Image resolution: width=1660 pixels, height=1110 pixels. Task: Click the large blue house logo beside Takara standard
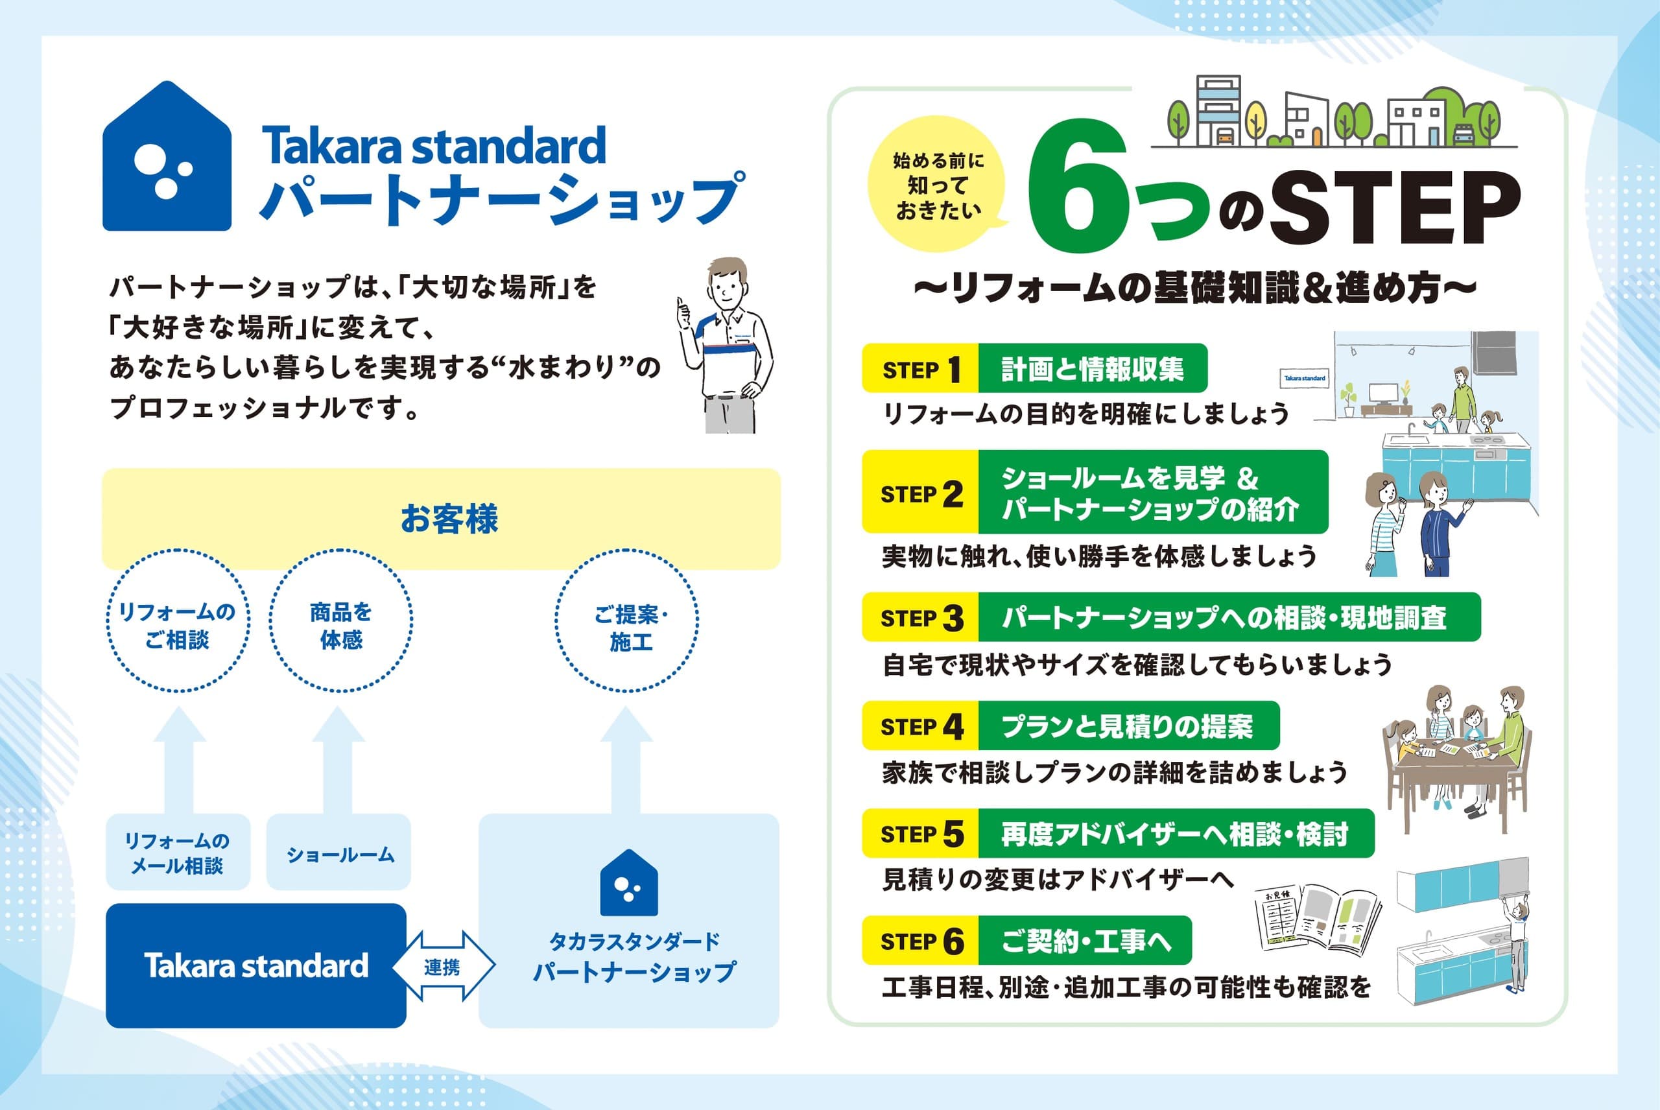click(167, 156)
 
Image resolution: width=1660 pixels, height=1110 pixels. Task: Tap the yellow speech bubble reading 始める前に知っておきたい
click(937, 185)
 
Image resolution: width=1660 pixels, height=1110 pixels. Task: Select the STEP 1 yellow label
click(920, 368)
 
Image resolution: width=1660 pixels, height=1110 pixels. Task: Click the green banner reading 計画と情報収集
click(1092, 368)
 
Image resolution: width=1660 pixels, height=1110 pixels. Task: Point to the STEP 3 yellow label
click(920, 617)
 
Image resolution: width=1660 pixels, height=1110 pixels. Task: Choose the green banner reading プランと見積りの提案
click(1128, 726)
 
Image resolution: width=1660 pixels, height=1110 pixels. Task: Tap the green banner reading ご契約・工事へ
click(1084, 941)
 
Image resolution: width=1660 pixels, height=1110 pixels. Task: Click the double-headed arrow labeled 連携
click(443, 966)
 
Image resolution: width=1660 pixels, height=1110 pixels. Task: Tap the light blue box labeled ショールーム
click(338, 851)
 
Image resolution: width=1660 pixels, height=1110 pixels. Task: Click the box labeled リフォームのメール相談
click(178, 851)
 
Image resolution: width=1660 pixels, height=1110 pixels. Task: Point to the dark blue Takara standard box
click(255, 965)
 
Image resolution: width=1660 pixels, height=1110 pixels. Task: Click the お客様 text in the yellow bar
click(449, 519)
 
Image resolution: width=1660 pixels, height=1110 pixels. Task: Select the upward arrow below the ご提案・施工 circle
click(626, 760)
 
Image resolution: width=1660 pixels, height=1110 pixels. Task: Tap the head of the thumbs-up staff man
click(728, 281)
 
